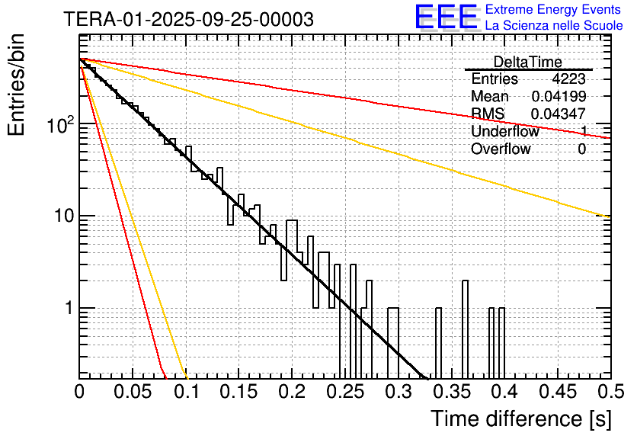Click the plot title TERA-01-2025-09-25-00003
tap(188, 20)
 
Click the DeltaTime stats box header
tap(528, 62)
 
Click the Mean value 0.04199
tap(559, 96)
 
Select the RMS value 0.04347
tap(559, 114)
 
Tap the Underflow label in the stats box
tap(504, 131)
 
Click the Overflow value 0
tap(581, 149)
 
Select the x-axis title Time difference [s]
tap(517, 418)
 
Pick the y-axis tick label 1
tap(67, 309)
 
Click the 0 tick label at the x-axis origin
tap(79, 392)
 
